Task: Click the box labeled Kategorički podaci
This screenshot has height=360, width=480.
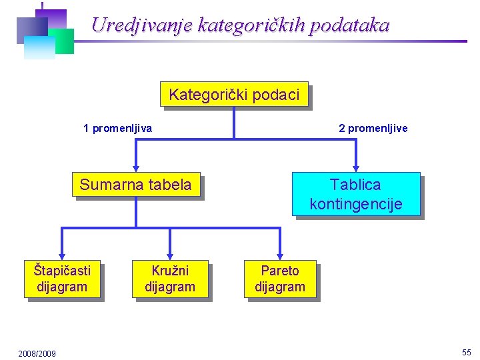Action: pos(234,95)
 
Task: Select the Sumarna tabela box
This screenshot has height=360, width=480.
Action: pos(135,185)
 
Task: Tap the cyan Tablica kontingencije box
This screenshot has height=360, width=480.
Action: pos(355,194)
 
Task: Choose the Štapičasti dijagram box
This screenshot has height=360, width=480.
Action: pos(62,279)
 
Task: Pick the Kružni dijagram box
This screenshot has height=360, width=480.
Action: pos(170,279)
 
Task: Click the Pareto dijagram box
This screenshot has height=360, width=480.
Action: pos(280,279)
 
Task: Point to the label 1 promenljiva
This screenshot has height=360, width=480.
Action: pos(117,128)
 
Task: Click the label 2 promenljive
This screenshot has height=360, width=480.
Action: pos(373,128)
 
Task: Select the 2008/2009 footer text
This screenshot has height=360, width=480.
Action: pos(37,353)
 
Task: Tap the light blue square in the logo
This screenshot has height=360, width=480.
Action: pos(39,47)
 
